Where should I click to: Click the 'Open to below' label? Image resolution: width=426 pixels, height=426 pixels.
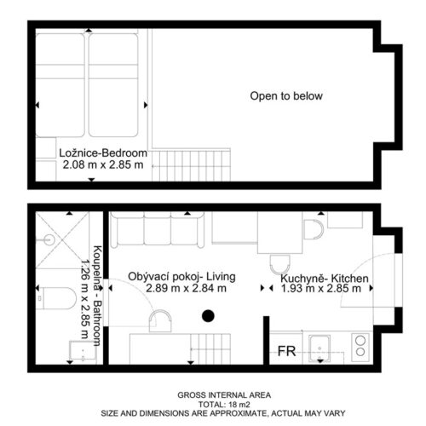pyautogui.click(x=286, y=96)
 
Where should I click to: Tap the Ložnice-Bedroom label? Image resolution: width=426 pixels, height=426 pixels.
pyautogui.click(x=103, y=153)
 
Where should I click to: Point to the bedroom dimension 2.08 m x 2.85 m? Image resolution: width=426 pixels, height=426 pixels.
pyautogui.click(x=103, y=164)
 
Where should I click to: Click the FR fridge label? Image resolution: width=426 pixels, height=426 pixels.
pyautogui.click(x=286, y=351)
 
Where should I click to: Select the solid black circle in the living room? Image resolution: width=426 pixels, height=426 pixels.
pyautogui.click(x=208, y=316)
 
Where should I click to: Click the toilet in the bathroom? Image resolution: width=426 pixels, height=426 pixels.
pyautogui.click(x=56, y=298)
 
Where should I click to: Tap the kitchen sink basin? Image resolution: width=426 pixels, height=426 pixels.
pyautogui.click(x=319, y=348)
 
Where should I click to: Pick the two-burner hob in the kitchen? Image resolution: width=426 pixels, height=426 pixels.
pyautogui.click(x=360, y=348)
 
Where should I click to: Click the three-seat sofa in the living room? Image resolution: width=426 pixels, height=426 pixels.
pyautogui.click(x=158, y=229)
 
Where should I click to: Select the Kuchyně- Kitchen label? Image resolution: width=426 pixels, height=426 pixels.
pyautogui.click(x=325, y=279)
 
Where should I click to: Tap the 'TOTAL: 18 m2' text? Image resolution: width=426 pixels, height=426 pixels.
pyautogui.click(x=224, y=404)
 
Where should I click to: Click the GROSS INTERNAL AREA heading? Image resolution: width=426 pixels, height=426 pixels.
pyautogui.click(x=224, y=395)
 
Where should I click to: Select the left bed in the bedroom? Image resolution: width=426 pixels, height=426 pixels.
pyautogui.click(x=60, y=85)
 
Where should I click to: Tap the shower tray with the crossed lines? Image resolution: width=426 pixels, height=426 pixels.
pyautogui.click(x=62, y=240)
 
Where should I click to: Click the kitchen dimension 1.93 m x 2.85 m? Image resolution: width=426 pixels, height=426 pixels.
pyautogui.click(x=321, y=289)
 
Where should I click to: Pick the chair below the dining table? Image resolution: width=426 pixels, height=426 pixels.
pyautogui.click(x=280, y=264)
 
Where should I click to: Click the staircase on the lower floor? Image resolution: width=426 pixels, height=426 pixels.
pyautogui.click(x=210, y=348)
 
